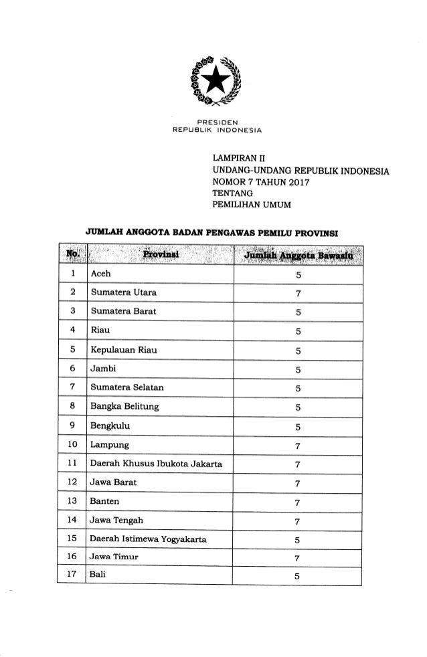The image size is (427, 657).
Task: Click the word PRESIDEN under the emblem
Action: tap(213, 121)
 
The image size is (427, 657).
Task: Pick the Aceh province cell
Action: tap(101, 275)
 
